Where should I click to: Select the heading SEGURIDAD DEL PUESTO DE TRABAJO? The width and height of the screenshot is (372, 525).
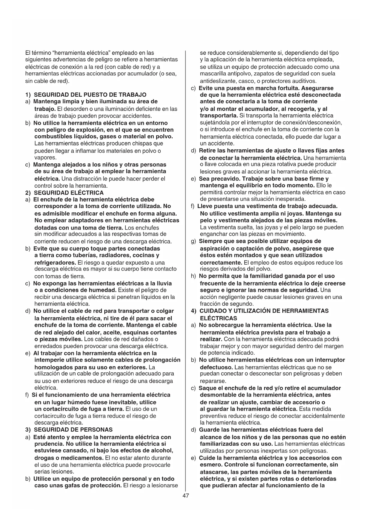[90, 95]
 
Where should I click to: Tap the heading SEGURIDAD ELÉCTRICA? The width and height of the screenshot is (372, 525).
[69, 193]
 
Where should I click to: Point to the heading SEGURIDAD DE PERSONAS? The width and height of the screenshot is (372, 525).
[73, 430]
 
